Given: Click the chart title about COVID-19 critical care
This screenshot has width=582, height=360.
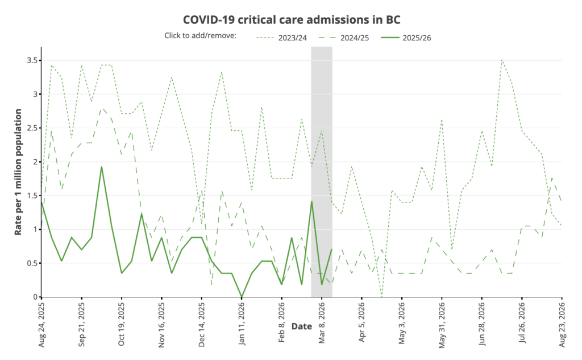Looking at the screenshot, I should click(292, 19).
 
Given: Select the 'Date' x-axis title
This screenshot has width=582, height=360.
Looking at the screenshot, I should click(301, 326).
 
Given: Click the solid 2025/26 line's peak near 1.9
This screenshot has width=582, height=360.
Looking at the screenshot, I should click(102, 167).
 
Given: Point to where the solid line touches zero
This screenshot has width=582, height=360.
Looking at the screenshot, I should click(242, 296).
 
